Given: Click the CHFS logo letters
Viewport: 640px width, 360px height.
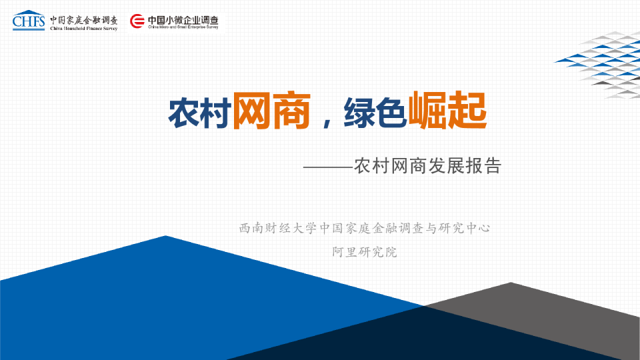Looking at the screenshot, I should [x=29, y=21].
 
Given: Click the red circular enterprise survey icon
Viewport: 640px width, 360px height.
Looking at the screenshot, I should [x=137, y=22].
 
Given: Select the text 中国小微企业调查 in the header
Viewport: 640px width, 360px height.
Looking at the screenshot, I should [x=183, y=19].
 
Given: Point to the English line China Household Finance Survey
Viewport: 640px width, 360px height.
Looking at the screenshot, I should [x=83, y=29].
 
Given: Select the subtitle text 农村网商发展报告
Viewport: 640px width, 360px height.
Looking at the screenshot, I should [x=427, y=165].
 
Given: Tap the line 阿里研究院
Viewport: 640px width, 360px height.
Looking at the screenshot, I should [x=364, y=252].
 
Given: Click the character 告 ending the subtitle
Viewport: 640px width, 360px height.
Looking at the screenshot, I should [x=492, y=165].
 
